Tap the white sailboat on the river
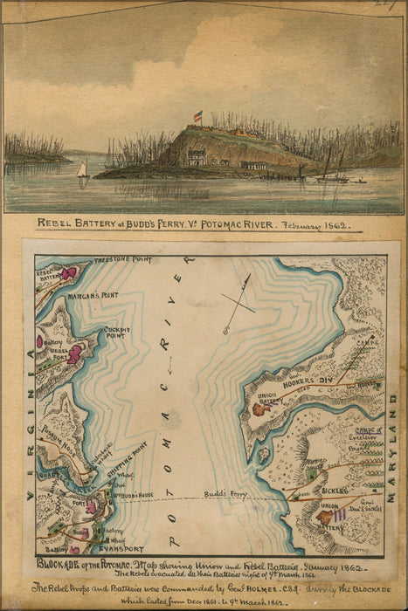click(81, 171)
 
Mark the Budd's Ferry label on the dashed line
click(225, 495)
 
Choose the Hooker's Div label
click(307, 381)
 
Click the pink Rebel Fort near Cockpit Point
click(76, 353)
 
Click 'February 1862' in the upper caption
click(324, 225)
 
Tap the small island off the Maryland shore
click(263, 454)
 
